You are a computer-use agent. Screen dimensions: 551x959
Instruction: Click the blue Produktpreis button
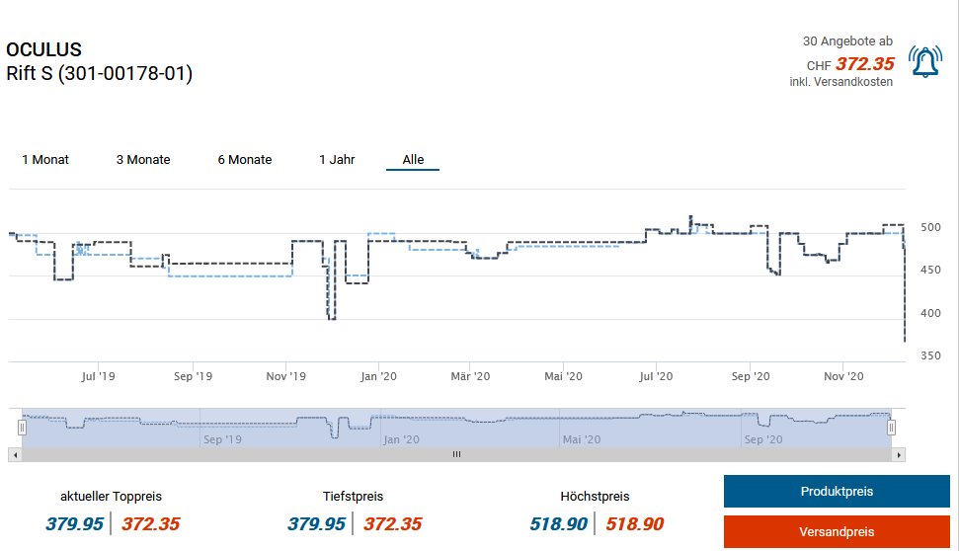click(836, 491)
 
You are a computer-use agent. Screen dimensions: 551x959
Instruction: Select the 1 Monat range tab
click(45, 159)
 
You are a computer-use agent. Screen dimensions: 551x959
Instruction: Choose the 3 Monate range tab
click(143, 159)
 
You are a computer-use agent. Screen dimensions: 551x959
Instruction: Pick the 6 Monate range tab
click(245, 159)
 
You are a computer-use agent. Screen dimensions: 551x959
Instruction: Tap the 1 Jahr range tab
click(337, 159)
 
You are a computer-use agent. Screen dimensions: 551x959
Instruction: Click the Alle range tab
click(413, 159)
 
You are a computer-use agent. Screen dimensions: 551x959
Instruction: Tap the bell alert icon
click(925, 62)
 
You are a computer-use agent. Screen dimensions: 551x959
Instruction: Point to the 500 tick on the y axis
click(929, 227)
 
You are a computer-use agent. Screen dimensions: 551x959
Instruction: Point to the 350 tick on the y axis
click(929, 355)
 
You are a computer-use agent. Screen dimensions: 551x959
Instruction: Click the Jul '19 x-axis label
click(99, 376)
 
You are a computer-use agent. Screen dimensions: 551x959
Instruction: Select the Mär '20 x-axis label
click(470, 376)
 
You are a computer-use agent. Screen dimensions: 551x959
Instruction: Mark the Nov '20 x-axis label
click(843, 376)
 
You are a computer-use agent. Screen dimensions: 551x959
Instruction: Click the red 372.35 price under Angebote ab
click(864, 64)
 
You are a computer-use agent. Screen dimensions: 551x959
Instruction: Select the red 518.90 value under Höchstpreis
click(634, 524)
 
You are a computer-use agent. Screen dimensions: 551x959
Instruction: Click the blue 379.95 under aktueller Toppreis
click(75, 524)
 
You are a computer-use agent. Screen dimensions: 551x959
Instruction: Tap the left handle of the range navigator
click(22, 428)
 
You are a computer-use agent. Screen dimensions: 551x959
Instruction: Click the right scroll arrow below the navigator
click(899, 454)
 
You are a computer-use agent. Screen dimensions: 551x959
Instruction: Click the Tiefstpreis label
click(353, 496)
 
